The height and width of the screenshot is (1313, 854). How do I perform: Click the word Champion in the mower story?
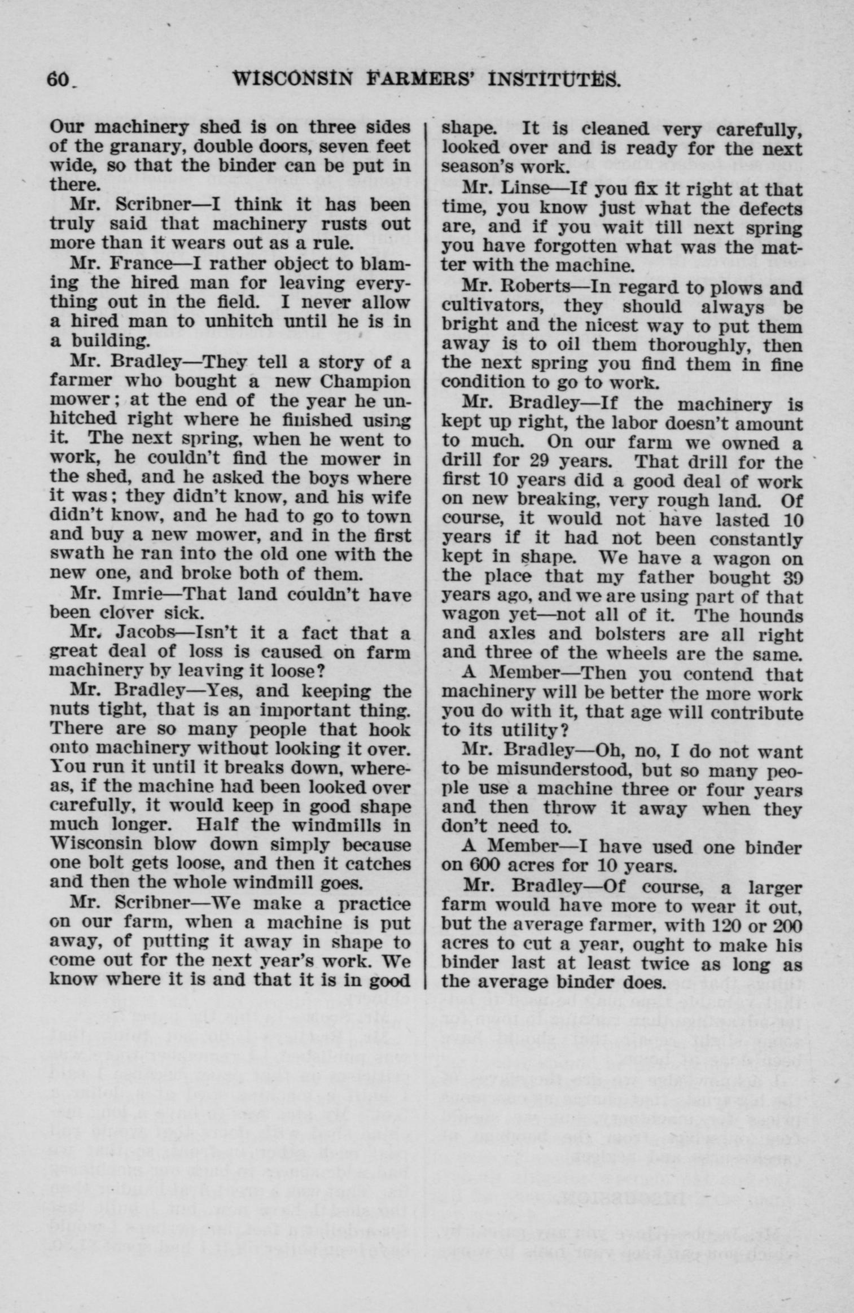click(x=365, y=382)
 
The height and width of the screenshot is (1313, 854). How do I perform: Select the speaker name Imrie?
click(x=139, y=594)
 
